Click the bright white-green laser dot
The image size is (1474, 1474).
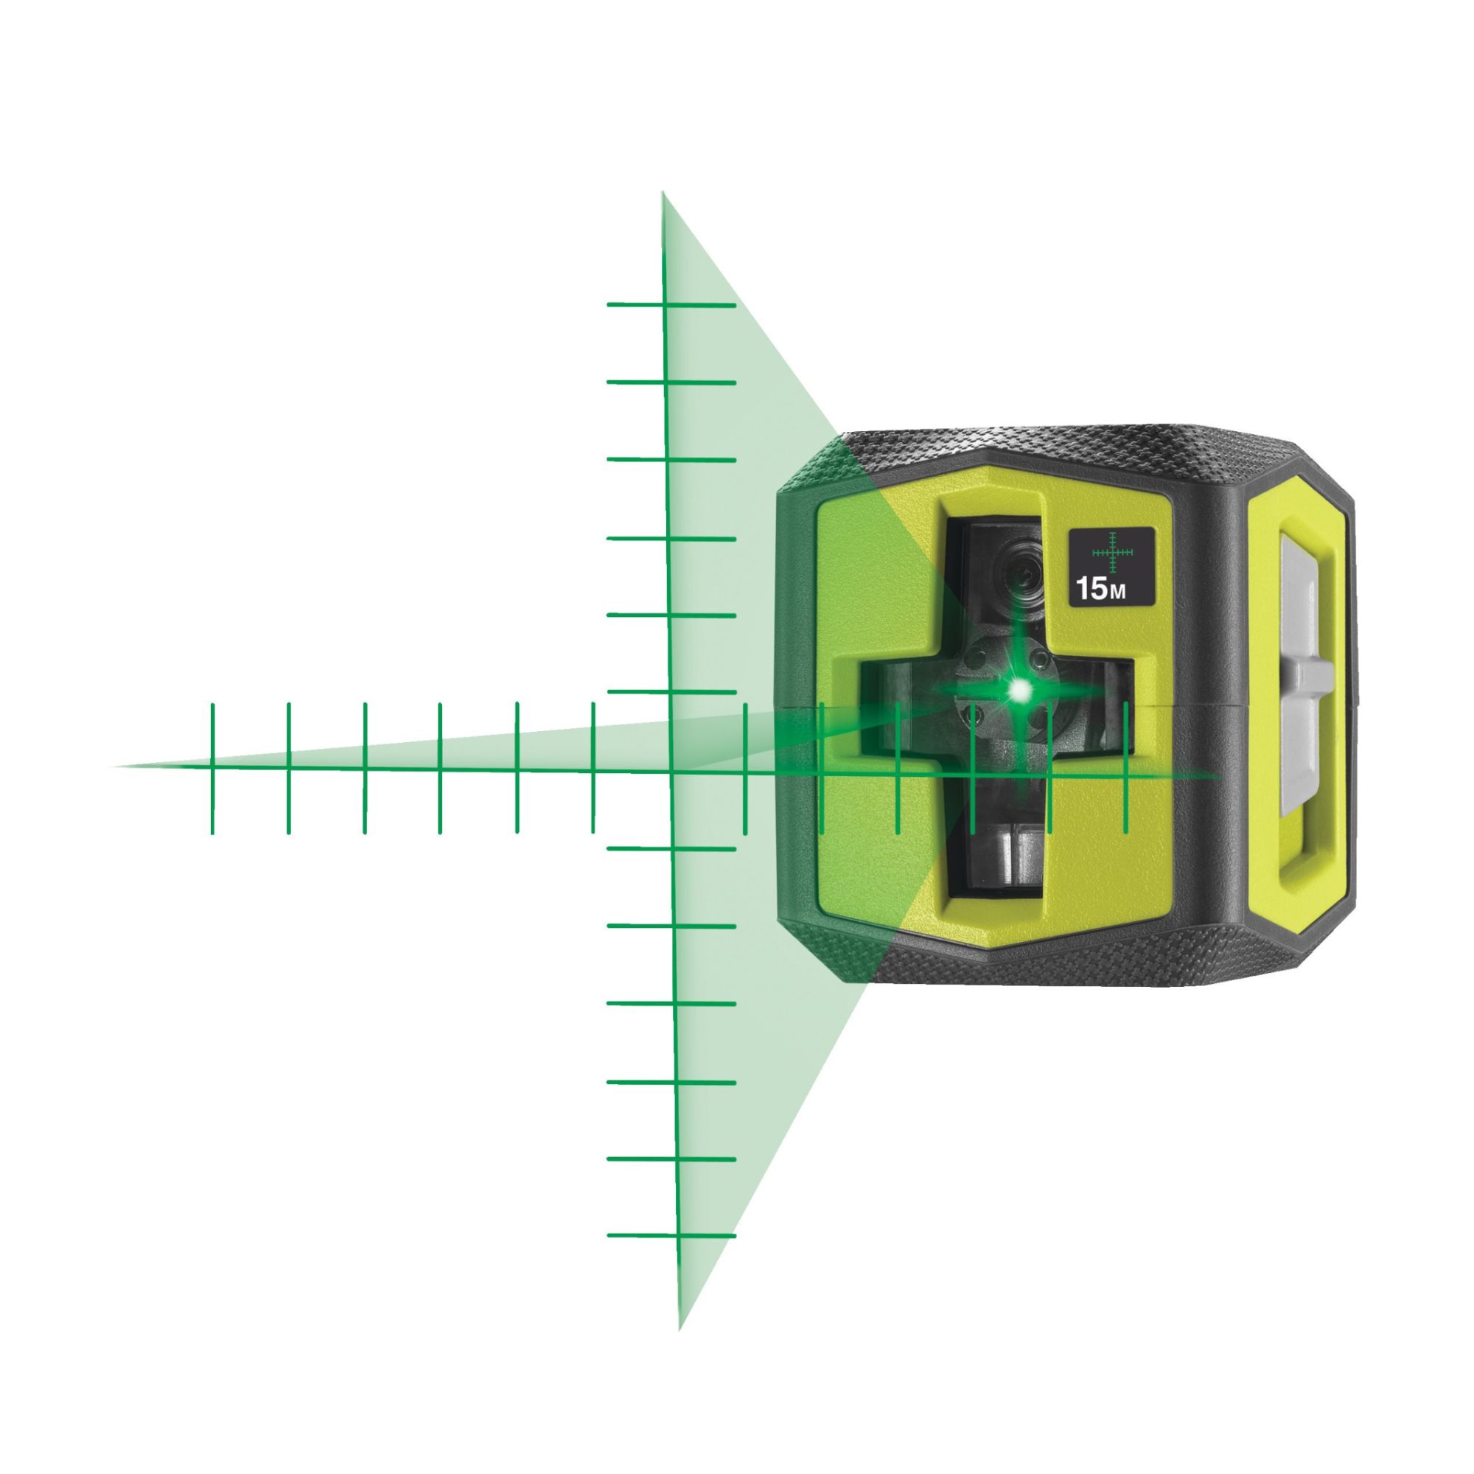[x=1019, y=691]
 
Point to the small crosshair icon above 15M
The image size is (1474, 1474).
[x=1112, y=551]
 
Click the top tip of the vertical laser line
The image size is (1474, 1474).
[x=663, y=194]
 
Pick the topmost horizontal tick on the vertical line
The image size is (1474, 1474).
[x=671, y=305]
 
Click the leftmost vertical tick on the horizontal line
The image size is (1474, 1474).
[x=212, y=767]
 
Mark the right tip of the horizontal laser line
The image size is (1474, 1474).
[x=1219, y=777]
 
